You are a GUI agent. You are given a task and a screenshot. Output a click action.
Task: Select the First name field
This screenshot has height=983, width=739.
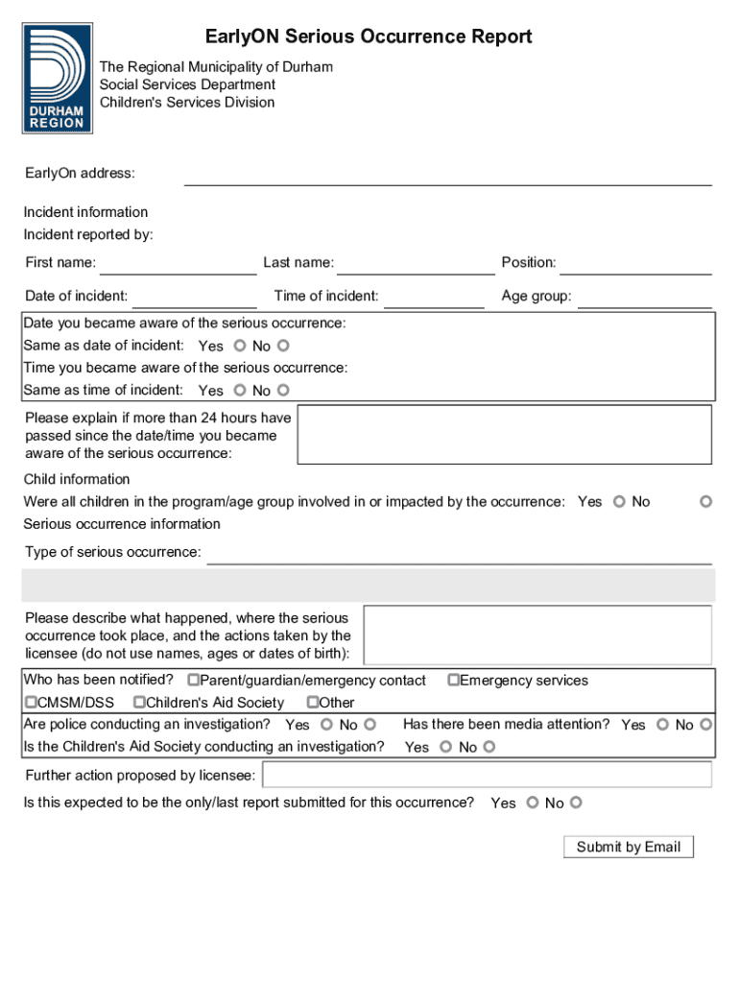(x=178, y=264)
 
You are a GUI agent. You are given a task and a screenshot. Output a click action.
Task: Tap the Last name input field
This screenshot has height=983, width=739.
(x=416, y=264)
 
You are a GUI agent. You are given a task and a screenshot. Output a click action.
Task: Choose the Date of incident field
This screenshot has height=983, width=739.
(x=195, y=298)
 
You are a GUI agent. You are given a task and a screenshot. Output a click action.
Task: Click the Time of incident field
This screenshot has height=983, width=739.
(x=434, y=298)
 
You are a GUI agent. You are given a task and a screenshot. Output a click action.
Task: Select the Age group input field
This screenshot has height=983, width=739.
(x=645, y=298)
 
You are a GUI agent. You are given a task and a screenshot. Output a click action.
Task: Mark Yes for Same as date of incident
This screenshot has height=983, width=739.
(x=239, y=346)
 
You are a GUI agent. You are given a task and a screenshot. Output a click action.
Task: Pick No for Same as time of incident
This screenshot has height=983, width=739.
(x=283, y=390)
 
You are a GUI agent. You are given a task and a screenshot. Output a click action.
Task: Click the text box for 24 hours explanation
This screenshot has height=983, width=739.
(x=504, y=435)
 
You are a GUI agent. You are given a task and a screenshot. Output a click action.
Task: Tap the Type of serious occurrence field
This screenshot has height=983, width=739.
(x=459, y=554)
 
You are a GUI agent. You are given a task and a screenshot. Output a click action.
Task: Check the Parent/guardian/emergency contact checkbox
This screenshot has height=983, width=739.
(x=193, y=681)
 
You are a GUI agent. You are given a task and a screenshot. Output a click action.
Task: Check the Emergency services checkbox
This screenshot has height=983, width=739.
(x=454, y=681)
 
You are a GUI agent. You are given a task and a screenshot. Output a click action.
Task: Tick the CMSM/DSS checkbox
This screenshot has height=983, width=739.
(x=31, y=703)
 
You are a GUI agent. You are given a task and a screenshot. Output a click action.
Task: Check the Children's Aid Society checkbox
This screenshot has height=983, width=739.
(x=139, y=703)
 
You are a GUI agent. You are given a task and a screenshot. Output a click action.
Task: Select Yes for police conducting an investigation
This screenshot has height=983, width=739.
(x=326, y=725)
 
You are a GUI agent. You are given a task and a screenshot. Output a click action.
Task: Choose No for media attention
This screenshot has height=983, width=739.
(x=706, y=725)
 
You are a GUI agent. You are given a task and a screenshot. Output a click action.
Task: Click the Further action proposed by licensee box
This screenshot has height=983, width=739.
(x=487, y=775)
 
